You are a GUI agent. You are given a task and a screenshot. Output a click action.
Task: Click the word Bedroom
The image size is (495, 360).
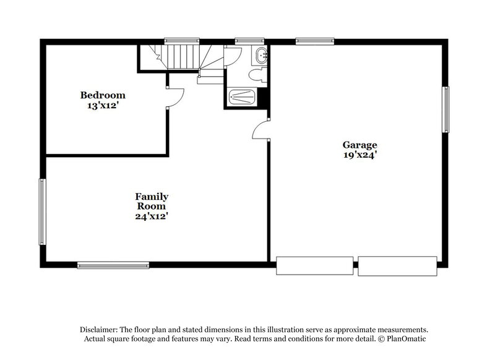[x=103, y=95]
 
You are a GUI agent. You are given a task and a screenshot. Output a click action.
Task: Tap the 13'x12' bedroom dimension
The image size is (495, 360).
[x=103, y=105]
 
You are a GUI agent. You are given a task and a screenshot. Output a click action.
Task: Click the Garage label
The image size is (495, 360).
[x=360, y=145]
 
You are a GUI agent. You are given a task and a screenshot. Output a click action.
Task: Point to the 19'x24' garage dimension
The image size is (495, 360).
[x=360, y=156]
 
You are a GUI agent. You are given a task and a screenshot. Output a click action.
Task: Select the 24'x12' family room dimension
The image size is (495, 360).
[x=152, y=216]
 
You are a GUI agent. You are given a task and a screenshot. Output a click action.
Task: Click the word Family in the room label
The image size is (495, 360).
[x=152, y=197]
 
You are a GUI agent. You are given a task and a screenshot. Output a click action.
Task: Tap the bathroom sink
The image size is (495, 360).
[x=262, y=55]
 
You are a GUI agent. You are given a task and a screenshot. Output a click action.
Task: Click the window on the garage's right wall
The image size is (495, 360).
[x=445, y=109]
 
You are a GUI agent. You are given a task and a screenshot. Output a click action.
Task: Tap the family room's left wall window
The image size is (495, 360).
[x=42, y=211]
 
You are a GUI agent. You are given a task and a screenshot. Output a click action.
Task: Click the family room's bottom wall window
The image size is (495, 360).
[x=113, y=265]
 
